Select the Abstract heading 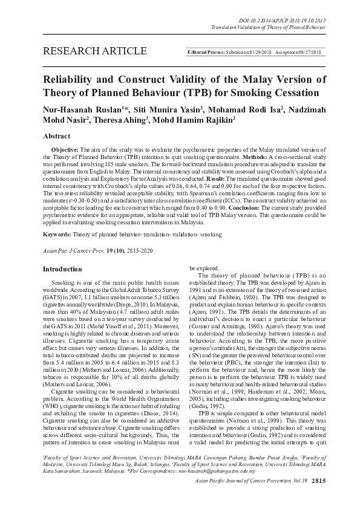tap(58, 137)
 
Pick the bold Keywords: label tap(60, 234)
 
